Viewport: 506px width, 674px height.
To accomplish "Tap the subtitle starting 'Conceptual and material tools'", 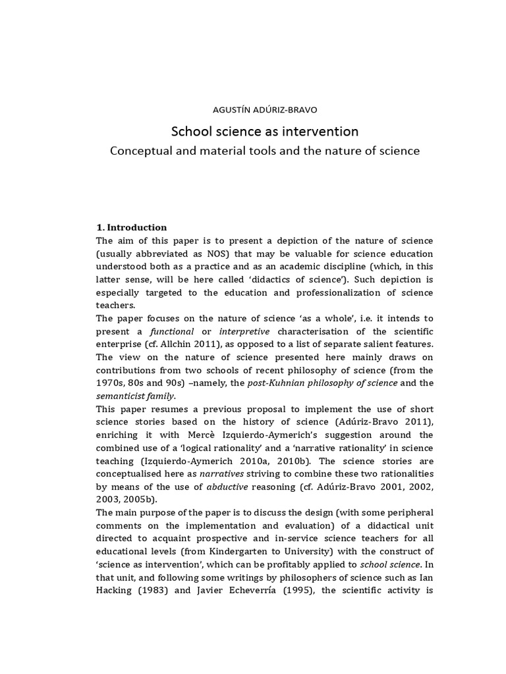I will coord(264,151).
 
